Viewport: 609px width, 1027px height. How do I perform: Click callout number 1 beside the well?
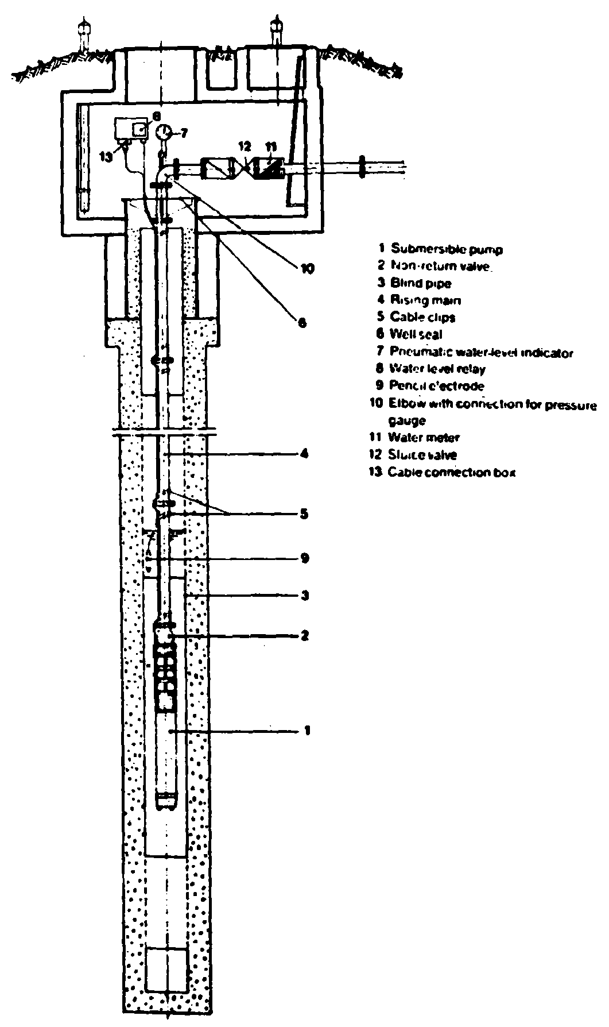click(x=307, y=731)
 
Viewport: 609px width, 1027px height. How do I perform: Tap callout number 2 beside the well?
click(x=305, y=635)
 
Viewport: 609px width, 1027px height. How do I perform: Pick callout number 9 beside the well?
click(x=305, y=558)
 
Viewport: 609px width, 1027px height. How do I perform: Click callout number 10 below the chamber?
click(x=307, y=268)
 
